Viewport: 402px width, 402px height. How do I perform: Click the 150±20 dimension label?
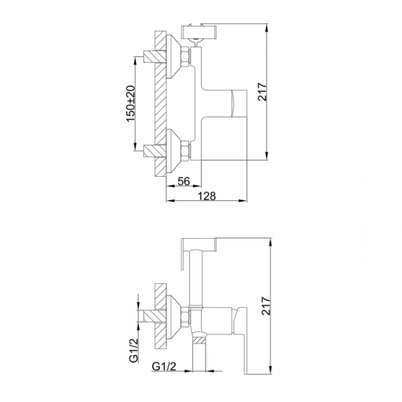coord(131,104)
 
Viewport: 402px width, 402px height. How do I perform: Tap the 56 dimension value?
coord(184,181)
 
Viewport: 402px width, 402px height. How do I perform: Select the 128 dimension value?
coord(206,196)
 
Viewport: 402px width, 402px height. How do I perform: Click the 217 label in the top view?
coord(263,92)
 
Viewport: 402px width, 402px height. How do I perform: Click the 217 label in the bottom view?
coord(266,305)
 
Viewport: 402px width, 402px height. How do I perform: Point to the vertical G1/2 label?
coord(133,350)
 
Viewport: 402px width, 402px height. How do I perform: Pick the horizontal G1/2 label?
coord(164,367)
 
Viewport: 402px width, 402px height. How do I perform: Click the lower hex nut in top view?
coord(186,150)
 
